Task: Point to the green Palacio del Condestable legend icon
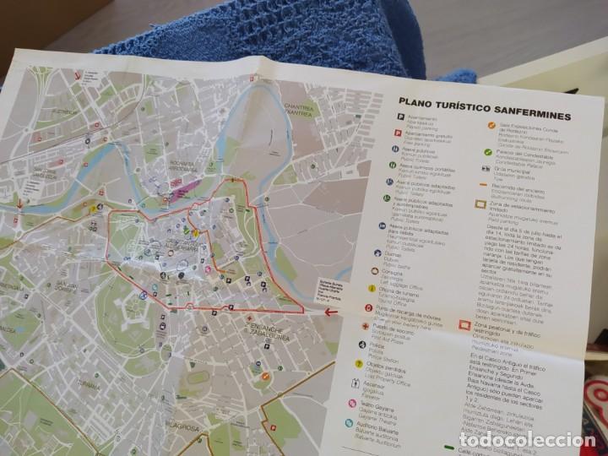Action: point(488,153)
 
